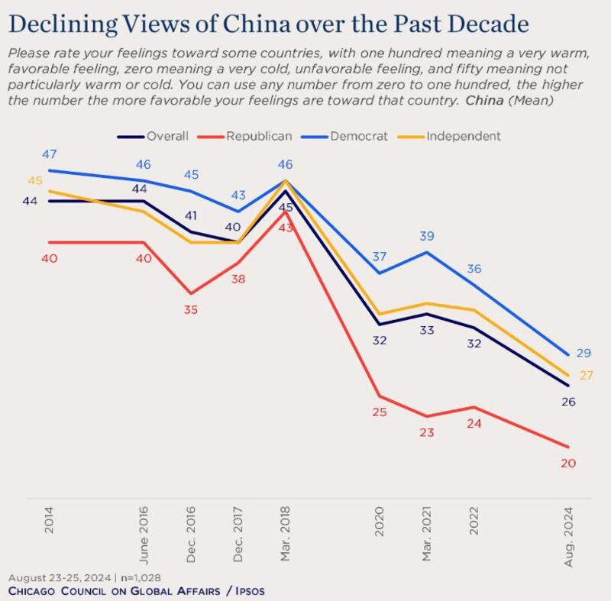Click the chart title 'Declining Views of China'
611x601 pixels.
[268, 24]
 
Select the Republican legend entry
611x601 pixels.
[258, 136]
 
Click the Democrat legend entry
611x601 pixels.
[358, 136]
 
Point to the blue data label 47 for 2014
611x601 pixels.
[49, 155]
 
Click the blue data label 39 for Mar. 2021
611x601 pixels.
[427, 237]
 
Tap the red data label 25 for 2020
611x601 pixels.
[380, 412]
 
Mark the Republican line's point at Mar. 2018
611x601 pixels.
[285, 212]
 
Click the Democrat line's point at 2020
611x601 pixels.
[380, 273]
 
